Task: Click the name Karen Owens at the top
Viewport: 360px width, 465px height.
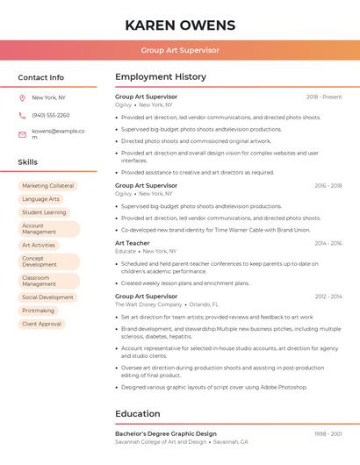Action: [x=180, y=25]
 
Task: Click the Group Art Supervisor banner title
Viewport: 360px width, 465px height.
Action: [x=180, y=51]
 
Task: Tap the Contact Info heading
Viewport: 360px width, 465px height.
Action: [x=41, y=77]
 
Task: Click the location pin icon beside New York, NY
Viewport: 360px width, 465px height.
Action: [x=22, y=98]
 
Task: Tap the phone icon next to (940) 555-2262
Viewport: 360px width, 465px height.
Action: [x=22, y=116]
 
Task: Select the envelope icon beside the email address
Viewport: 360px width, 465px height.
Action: [x=22, y=134]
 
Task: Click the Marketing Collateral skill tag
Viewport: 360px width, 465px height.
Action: [x=47, y=186]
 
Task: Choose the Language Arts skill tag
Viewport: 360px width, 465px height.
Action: [x=40, y=199]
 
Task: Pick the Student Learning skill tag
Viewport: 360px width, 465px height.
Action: [x=44, y=212]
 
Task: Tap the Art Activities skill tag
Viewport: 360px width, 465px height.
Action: [x=39, y=246]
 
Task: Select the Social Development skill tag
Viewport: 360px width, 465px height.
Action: [x=47, y=297]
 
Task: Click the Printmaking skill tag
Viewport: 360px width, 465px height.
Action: [x=38, y=311]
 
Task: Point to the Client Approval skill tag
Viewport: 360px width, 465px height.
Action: [x=41, y=324]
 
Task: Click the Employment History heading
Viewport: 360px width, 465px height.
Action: [x=161, y=77]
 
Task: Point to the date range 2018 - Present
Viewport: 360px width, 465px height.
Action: [x=324, y=97]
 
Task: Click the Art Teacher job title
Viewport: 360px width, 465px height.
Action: [x=133, y=243]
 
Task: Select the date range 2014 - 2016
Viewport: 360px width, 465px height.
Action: [x=328, y=243]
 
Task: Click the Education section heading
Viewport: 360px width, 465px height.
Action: [x=138, y=414]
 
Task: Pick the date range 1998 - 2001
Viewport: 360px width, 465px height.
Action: [x=328, y=433]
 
